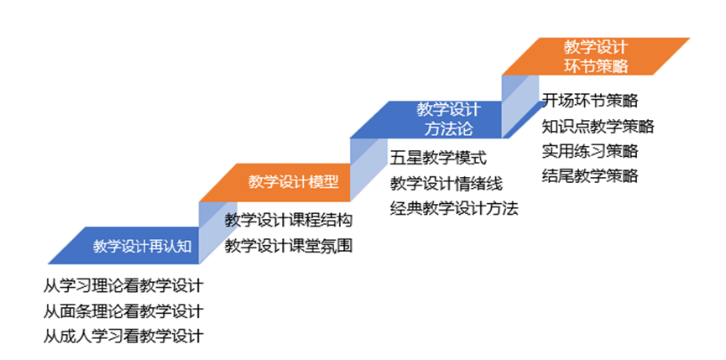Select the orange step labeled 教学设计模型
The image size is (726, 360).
(293, 182)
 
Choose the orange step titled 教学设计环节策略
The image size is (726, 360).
(595, 55)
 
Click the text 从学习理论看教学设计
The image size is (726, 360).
(123, 285)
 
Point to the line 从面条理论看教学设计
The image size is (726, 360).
(123, 310)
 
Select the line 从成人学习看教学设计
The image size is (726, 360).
(123, 337)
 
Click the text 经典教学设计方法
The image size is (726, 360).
(454, 207)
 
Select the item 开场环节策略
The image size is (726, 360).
(589, 101)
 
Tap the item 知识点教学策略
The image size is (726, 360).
(598, 126)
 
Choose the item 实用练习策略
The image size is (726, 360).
(589, 151)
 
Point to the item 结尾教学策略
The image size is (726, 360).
(589, 175)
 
